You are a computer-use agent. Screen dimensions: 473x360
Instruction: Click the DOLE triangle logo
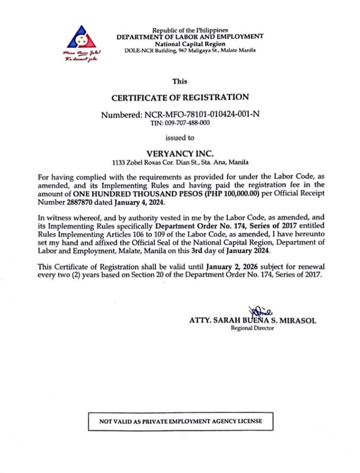coord(81,37)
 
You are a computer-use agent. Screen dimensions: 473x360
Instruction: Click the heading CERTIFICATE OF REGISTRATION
coord(180,98)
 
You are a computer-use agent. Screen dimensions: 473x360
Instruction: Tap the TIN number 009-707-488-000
coord(180,123)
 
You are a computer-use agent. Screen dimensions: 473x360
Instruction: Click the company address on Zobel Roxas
coord(180,162)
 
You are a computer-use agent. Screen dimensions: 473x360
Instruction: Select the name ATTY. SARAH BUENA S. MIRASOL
coord(253,320)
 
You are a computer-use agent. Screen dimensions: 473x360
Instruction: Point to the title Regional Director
coord(252,328)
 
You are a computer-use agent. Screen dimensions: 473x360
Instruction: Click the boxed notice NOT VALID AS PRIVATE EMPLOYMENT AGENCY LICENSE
coord(180,421)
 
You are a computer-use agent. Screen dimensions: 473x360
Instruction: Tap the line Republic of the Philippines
coord(190,30)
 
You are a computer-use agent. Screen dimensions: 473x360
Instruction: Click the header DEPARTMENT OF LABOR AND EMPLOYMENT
coord(190,37)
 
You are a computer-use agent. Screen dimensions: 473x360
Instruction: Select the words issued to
coord(180,137)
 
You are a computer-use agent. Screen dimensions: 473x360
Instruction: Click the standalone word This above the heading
coord(180,81)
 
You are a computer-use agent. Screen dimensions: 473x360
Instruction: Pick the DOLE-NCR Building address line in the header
coord(190,50)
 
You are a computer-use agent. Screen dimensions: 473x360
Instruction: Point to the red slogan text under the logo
coord(82,57)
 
